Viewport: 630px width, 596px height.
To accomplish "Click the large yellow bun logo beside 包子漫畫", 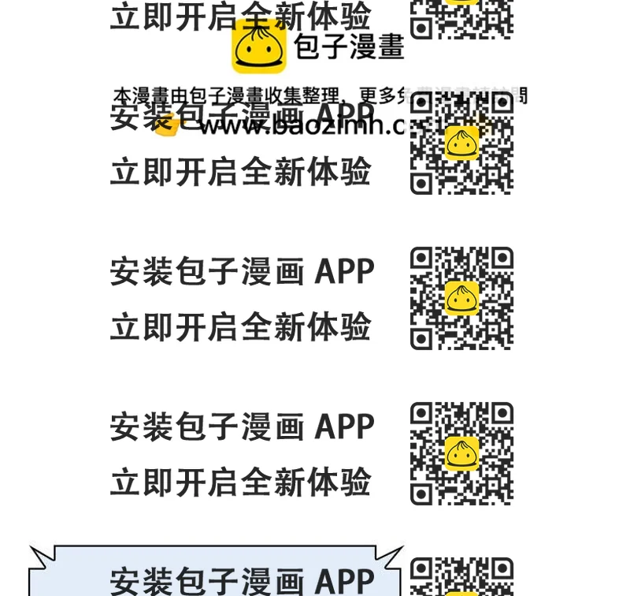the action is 258,47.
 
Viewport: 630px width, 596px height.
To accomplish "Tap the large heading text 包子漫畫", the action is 349,47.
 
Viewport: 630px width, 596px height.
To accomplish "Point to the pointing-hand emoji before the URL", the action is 166,125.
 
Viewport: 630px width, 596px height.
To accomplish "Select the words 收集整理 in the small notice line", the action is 309,96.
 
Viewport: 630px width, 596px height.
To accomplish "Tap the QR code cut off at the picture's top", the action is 461,17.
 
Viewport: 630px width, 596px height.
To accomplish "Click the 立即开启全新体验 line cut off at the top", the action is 240,16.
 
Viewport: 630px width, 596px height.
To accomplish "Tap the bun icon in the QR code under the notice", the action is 462,143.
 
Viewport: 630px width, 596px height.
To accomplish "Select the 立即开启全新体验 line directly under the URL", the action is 240,172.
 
